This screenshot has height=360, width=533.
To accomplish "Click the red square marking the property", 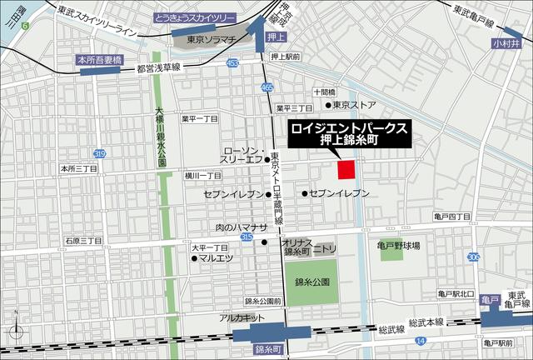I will tap(346, 169).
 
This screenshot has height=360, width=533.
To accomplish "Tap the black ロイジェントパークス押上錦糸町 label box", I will tap(348, 135).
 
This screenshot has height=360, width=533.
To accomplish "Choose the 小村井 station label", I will tap(505, 42).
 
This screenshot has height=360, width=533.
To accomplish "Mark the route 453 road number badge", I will tap(232, 62).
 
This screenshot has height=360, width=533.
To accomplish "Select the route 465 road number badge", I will tap(266, 87).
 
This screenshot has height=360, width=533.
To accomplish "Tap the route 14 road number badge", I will tap(421, 341).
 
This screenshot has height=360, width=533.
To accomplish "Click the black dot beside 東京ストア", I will tap(327, 105).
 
